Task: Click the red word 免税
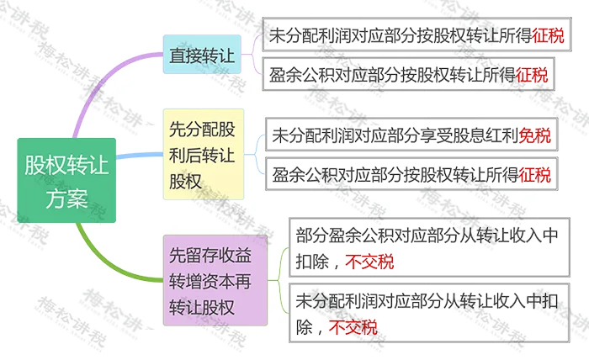(535, 134)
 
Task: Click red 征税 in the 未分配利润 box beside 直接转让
(546, 36)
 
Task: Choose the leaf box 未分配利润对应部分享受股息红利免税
(411, 135)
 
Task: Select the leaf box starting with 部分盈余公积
(425, 247)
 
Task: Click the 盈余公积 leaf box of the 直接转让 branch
(408, 73)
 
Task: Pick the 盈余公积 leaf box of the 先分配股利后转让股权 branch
(411, 175)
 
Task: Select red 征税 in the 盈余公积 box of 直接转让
(531, 73)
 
